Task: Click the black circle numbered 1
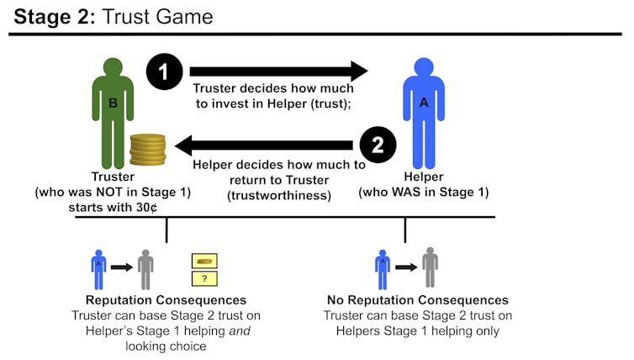[x=164, y=71]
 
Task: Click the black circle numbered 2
[x=378, y=145]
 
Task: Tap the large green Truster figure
[x=113, y=114]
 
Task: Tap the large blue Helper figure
[x=424, y=114]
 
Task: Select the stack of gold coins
[x=148, y=150]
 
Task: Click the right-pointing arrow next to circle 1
[x=278, y=71]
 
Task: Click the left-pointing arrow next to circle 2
[x=264, y=146]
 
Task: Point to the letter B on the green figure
[x=114, y=103]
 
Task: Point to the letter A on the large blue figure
[x=424, y=103]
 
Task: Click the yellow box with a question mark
[x=204, y=278]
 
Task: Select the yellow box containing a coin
[x=204, y=261]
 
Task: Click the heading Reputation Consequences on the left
[x=166, y=300]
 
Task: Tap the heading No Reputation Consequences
[x=418, y=300]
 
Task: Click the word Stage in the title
[x=42, y=17]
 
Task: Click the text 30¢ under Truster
[x=146, y=208]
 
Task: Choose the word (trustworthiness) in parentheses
[x=279, y=196]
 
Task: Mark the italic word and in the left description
[x=240, y=331]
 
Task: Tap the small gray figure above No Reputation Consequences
[x=431, y=267]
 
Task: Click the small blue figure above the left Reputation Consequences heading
[x=98, y=269]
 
